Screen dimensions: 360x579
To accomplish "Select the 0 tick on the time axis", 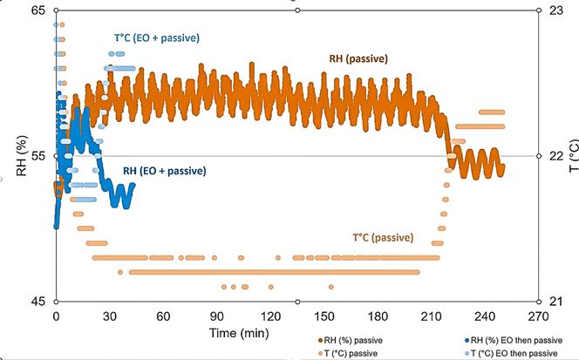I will [x=57, y=316].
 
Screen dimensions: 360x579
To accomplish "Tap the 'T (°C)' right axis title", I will [x=571, y=156].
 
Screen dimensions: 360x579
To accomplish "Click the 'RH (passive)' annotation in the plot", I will [x=358, y=59].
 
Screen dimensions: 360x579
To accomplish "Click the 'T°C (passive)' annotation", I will [x=383, y=237].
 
